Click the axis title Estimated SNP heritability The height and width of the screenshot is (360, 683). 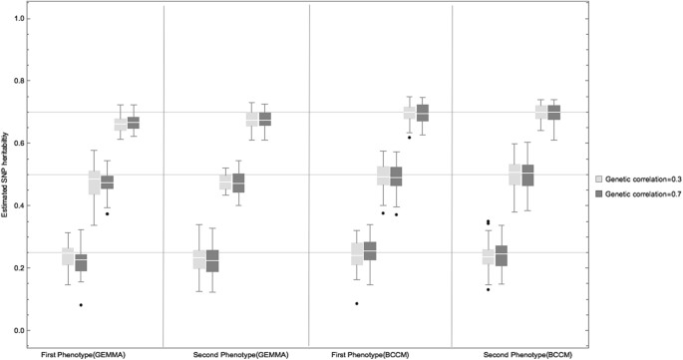[x=7, y=175]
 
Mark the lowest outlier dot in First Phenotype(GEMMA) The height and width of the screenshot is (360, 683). [x=82, y=305]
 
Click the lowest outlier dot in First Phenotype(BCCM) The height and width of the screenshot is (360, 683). [x=356, y=303]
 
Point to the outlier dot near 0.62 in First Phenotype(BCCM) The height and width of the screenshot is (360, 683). [x=409, y=138]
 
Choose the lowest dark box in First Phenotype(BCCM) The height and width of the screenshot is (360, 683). [x=370, y=250]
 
